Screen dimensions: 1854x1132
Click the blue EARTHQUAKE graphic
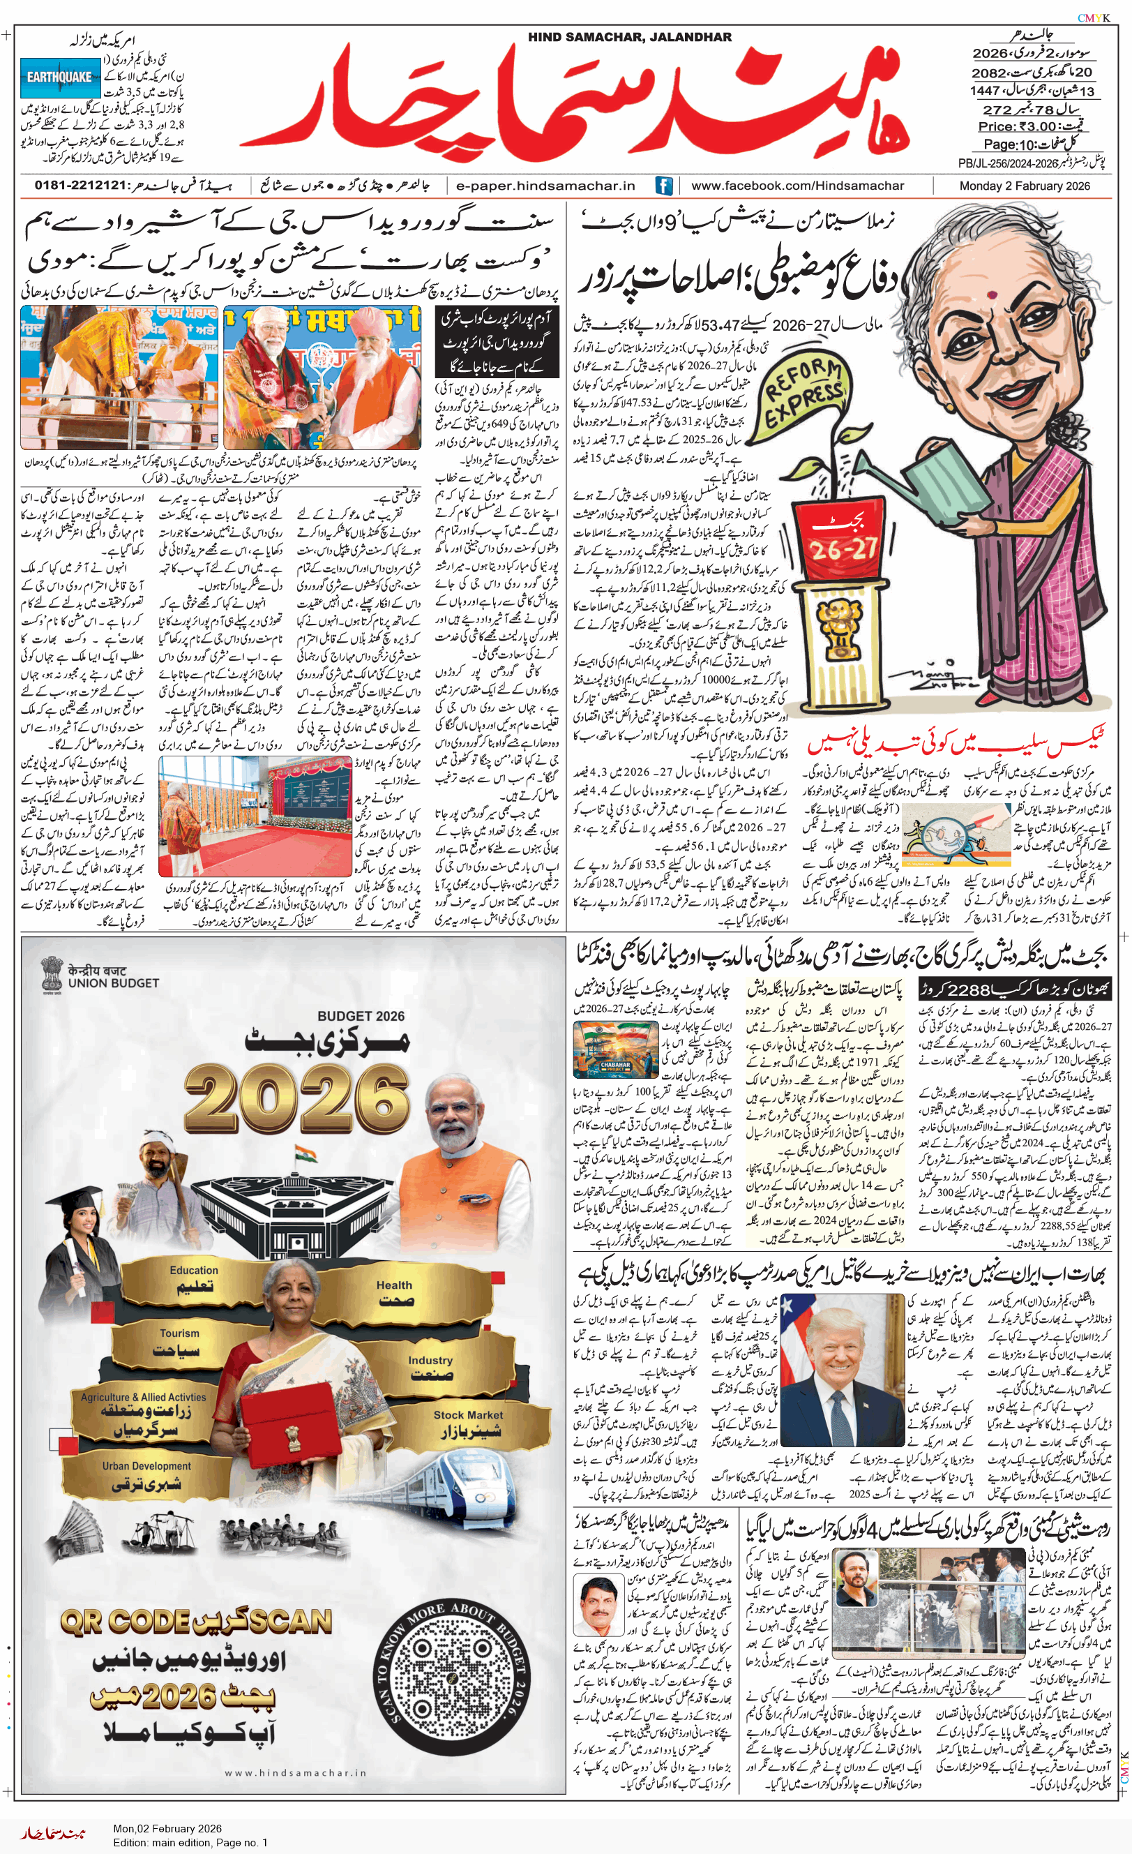click(x=59, y=77)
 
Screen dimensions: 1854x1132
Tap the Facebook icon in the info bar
click(x=663, y=186)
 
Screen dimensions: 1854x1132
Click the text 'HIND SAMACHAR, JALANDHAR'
click(x=629, y=37)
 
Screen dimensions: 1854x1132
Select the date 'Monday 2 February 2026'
click(x=1024, y=186)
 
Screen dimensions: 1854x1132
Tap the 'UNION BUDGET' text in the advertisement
click(x=113, y=982)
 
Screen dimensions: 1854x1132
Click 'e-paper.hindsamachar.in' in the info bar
click(x=546, y=186)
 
